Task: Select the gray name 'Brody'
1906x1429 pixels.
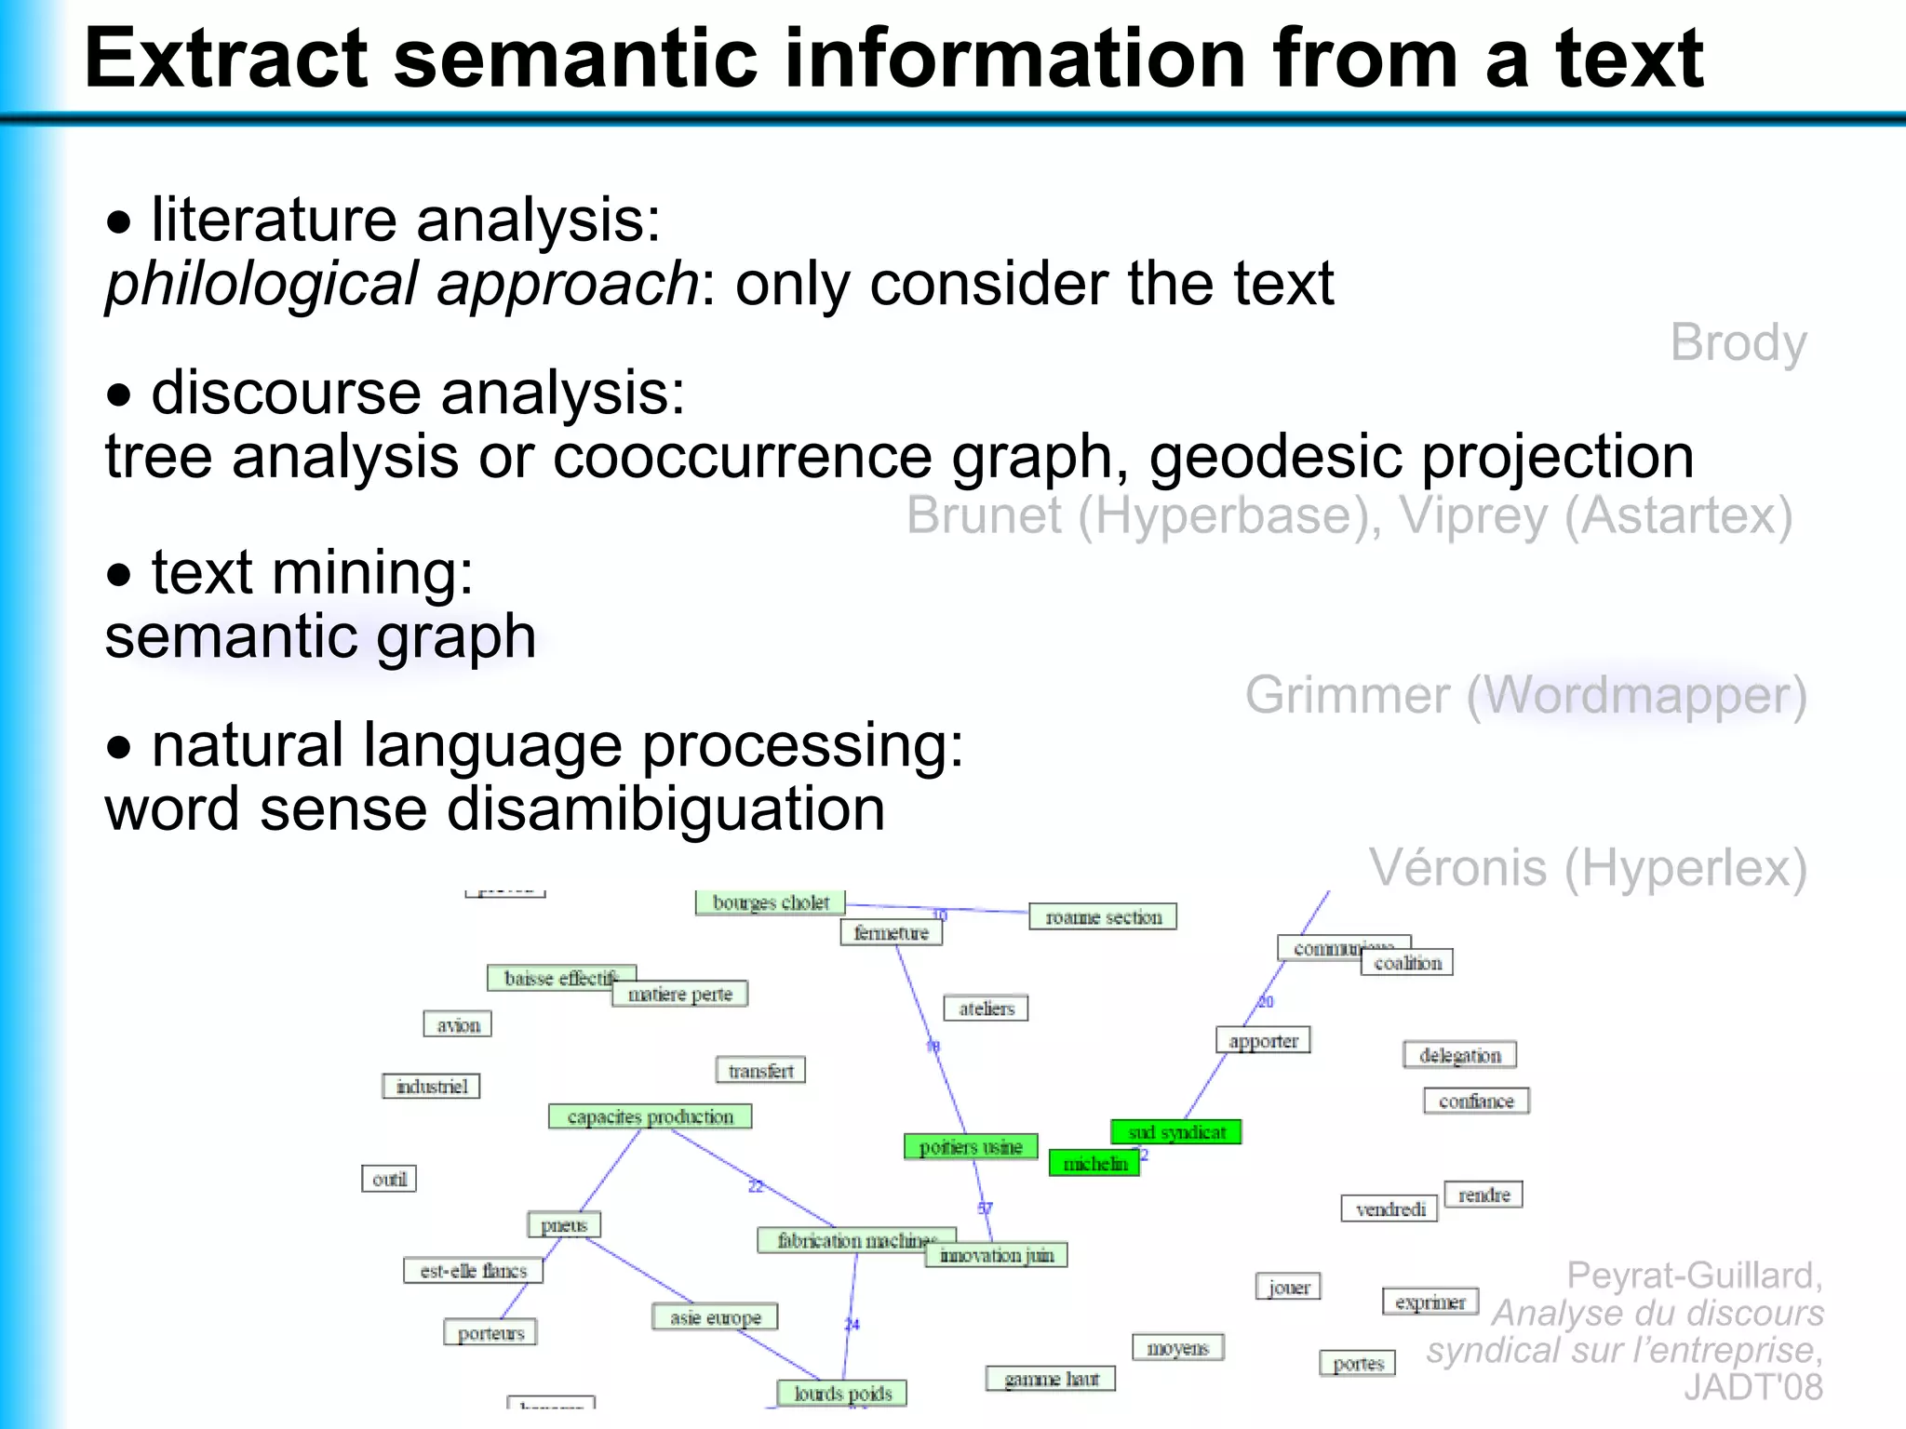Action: (x=1738, y=343)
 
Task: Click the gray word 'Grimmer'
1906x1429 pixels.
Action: (x=1347, y=696)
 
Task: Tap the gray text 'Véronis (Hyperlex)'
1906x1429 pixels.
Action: (x=1587, y=868)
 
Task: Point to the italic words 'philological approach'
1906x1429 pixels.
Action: (x=401, y=284)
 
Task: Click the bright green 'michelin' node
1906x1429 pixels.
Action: (x=1094, y=1164)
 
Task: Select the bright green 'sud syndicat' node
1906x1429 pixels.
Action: (x=1176, y=1132)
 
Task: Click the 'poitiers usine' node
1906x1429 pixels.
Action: (x=971, y=1147)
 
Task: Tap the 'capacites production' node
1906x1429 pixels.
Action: (x=650, y=1116)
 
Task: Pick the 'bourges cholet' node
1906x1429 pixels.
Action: (x=771, y=902)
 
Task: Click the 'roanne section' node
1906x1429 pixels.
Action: (x=1103, y=917)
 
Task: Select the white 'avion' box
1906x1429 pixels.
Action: (x=458, y=1025)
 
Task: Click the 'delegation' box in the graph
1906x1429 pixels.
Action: (x=1459, y=1055)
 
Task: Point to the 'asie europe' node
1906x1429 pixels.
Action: (x=715, y=1317)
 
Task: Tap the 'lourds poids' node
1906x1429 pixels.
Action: (x=842, y=1394)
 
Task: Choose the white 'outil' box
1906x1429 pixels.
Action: (x=389, y=1179)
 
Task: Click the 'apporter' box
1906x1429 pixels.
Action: (x=1263, y=1041)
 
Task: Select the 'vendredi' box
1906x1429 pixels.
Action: (x=1389, y=1209)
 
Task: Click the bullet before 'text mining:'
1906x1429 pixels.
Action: (x=119, y=575)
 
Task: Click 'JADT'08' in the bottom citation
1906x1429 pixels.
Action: (x=1752, y=1387)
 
